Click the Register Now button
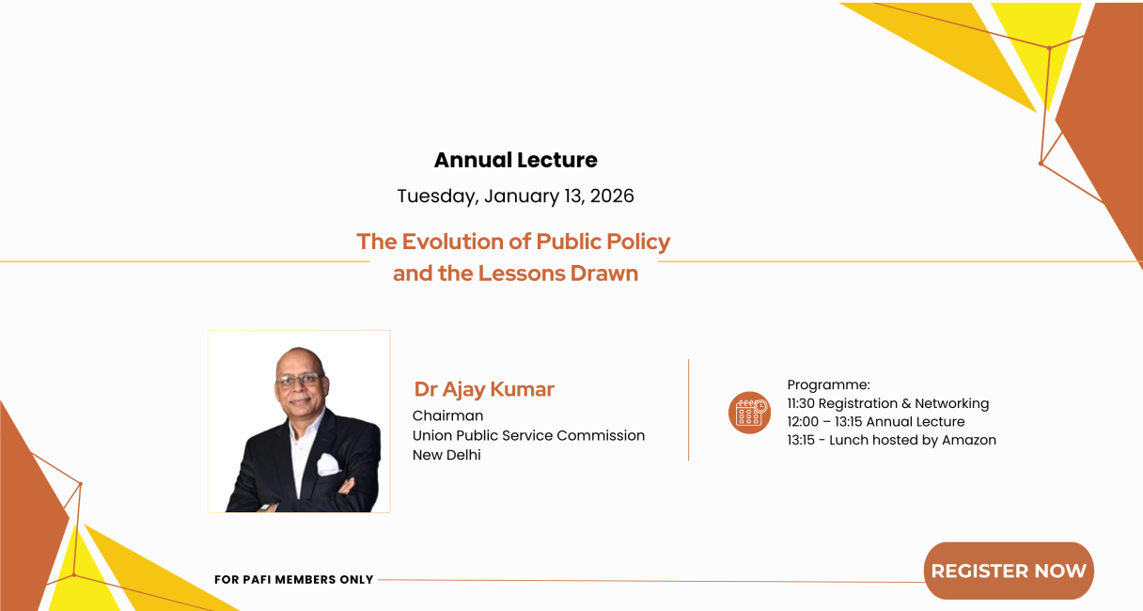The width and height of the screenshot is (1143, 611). point(1009,571)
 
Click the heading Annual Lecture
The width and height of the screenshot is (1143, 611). point(515,160)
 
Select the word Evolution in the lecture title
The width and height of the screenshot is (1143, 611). point(463,242)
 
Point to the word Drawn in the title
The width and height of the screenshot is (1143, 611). point(604,274)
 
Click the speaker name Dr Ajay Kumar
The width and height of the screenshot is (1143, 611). point(484,389)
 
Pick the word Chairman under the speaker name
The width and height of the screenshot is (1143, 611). point(447,415)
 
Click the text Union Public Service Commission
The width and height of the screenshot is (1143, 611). point(528,435)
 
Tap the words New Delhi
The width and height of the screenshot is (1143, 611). point(446,455)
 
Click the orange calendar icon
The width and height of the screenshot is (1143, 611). point(749,413)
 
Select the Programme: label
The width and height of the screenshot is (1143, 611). point(828,384)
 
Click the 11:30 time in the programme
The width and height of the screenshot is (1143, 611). point(801,403)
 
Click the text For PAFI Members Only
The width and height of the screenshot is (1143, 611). point(294,580)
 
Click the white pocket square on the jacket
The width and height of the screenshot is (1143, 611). point(328,464)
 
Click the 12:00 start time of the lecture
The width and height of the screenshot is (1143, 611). point(802,422)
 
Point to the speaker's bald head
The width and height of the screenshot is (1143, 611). point(299,357)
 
